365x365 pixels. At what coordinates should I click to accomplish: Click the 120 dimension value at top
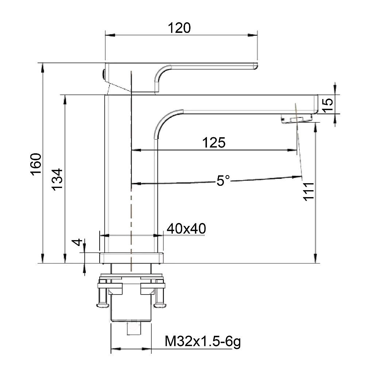(x=179, y=28)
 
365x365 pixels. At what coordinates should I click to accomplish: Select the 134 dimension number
(x=57, y=180)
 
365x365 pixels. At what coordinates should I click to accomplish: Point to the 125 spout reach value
(x=214, y=142)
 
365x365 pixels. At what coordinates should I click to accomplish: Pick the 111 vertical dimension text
(x=309, y=191)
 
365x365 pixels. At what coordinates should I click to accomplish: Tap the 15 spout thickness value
(x=328, y=105)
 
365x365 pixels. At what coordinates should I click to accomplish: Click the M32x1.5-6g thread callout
(x=203, y=341)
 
